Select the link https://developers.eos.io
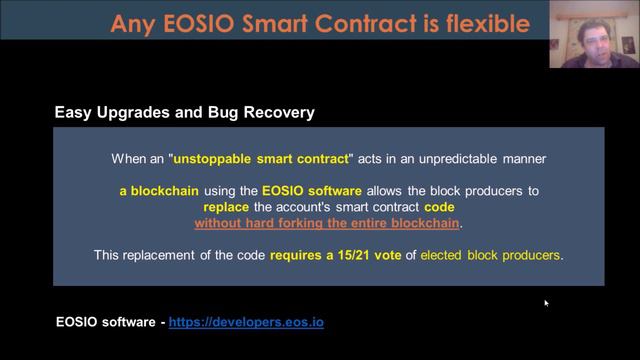pos(246,322)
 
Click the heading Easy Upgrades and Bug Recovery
pos(184,112)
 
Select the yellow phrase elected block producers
pos(490,255)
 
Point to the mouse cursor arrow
pos(546,302)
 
